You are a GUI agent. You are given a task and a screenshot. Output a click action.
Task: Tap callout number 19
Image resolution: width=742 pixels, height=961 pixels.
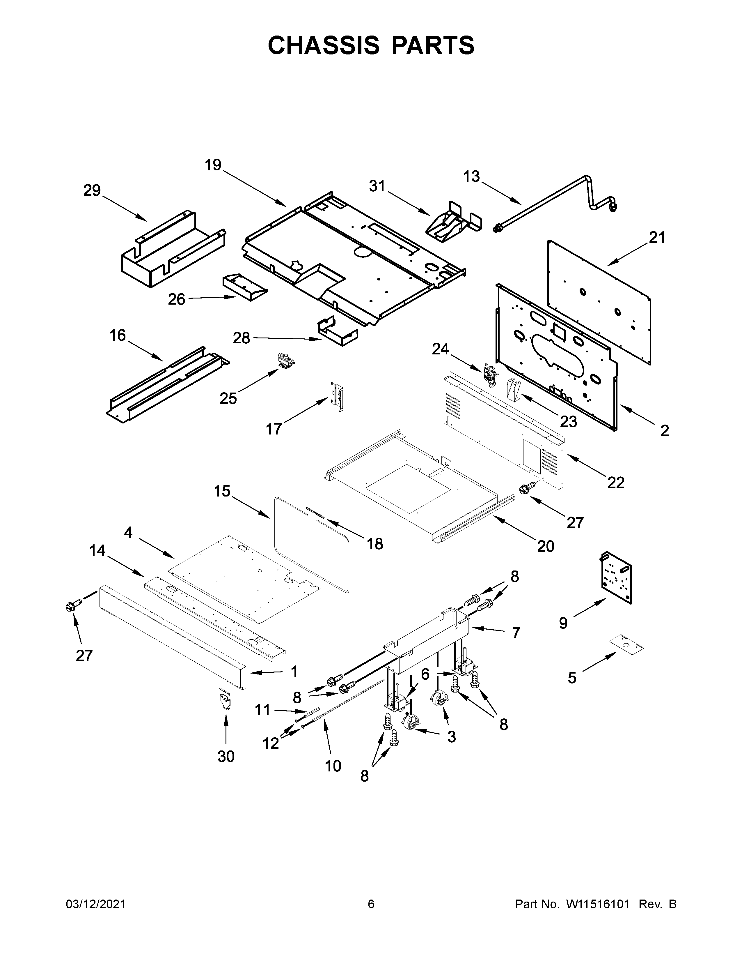pos(213,165)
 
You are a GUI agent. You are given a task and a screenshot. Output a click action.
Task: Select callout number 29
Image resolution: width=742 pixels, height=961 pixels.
pos(92,190)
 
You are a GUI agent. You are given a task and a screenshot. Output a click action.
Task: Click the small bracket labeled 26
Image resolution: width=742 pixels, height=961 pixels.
pos(244,287)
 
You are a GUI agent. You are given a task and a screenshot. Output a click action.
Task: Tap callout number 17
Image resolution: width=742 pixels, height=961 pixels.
pos(274,428)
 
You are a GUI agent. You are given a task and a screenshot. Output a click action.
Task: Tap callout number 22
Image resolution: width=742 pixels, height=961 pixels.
pos(616,483)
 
